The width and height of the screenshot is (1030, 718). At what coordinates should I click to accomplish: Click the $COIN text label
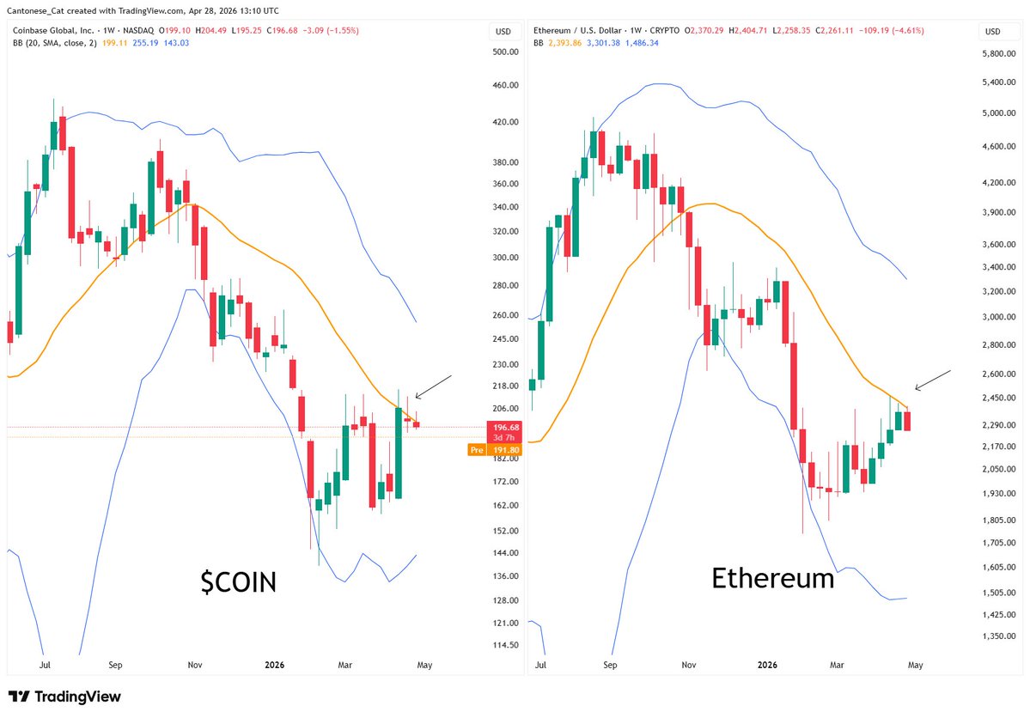click(x=238, y=582)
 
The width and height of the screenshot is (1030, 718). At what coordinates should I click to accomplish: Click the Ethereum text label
click(x=772, y=578)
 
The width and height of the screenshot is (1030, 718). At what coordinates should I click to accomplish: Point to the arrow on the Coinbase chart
click(x=432, y=386)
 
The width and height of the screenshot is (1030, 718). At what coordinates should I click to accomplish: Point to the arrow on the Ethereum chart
click(x=932, y=379)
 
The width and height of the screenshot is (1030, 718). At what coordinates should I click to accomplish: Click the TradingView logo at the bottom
click(x=64, y=697)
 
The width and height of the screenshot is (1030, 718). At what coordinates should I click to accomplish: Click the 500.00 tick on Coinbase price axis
click(x=503, y=52)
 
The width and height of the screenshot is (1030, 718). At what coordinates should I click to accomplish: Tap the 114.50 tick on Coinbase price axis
click(x=503, y=645)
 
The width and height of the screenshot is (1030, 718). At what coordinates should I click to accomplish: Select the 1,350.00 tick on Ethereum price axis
click(x=999, y=636)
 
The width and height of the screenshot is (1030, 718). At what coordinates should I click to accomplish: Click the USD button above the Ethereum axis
click(x=992, y=32)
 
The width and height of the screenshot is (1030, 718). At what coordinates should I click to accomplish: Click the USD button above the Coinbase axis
click(x=503, y=32)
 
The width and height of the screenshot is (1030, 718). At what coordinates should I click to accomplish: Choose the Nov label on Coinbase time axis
click(x=195, y=665)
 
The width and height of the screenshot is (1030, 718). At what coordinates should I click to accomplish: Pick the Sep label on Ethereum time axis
click(x=610, y=665)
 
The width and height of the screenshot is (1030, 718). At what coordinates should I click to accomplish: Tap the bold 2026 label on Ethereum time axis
click(x=767, y=665)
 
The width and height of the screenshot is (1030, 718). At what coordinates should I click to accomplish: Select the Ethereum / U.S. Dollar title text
click(x=578, y=30)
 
